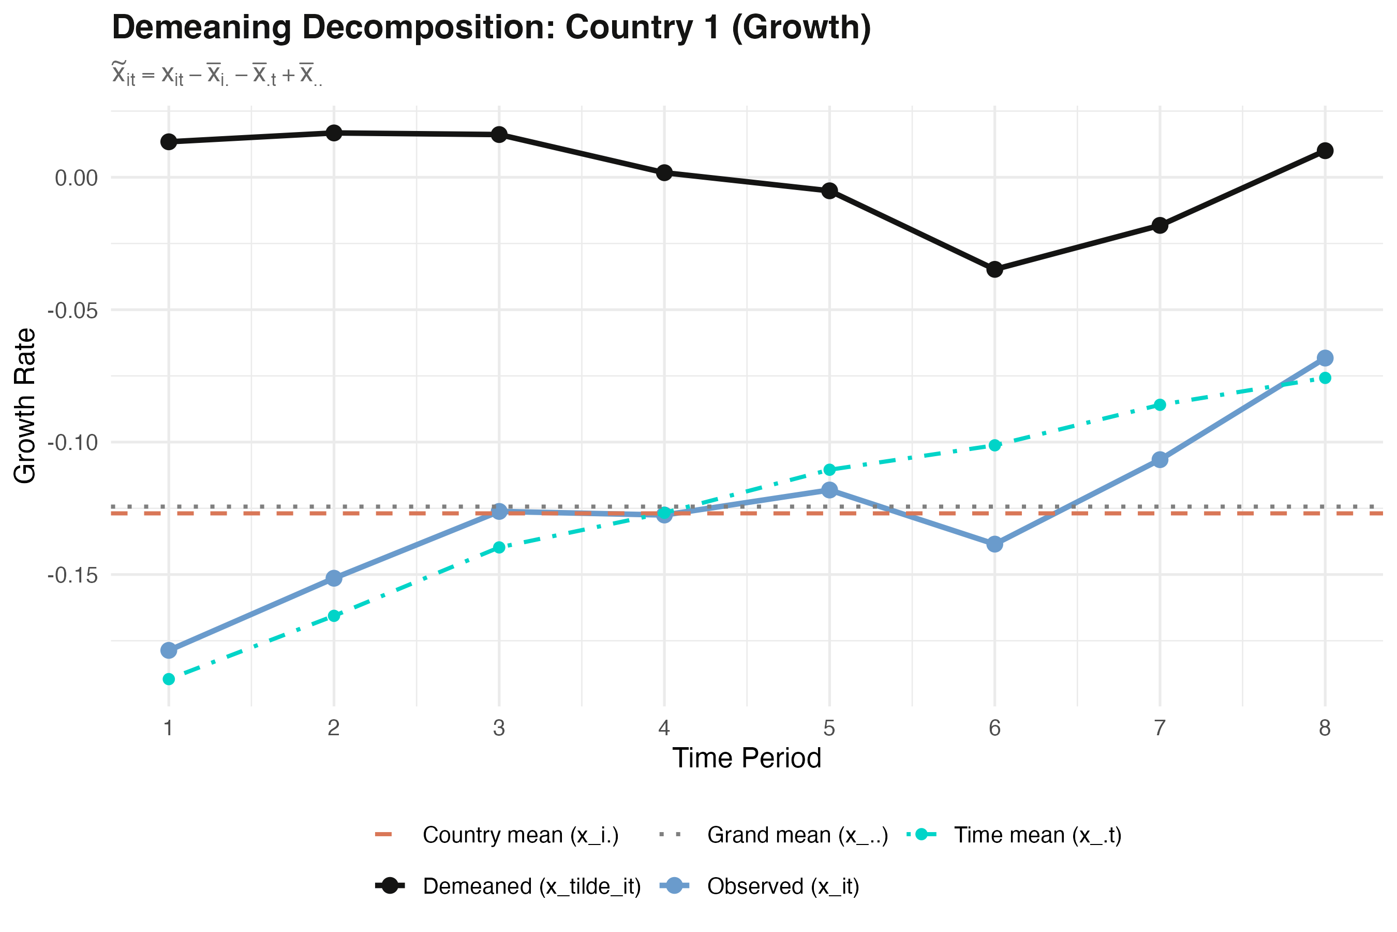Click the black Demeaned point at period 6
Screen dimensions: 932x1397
click(x=995, y=269)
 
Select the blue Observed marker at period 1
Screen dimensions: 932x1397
click(x=169, y=650)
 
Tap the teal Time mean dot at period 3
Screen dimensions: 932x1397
click(x=499, y=547)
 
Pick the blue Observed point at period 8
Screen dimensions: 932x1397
click(x=1325, y=358)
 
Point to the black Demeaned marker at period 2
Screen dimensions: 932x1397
click(x=334, y=133)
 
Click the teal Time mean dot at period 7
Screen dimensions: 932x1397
click(x=1160, y=405)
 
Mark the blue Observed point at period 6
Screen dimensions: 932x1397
click(x=995, y=544)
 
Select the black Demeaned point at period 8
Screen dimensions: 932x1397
click(x=1325, y=150)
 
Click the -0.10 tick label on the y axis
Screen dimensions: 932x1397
click(x=72, y=443)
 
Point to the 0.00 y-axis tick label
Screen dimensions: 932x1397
click(x=76, y=178)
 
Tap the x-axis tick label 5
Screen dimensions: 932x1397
click(x=829, y=727)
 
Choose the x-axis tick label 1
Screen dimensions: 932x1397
click(x=169, y=727)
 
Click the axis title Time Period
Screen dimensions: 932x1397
click(x=747, y=759)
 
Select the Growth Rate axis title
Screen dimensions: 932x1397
click(x=25, y=406)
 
